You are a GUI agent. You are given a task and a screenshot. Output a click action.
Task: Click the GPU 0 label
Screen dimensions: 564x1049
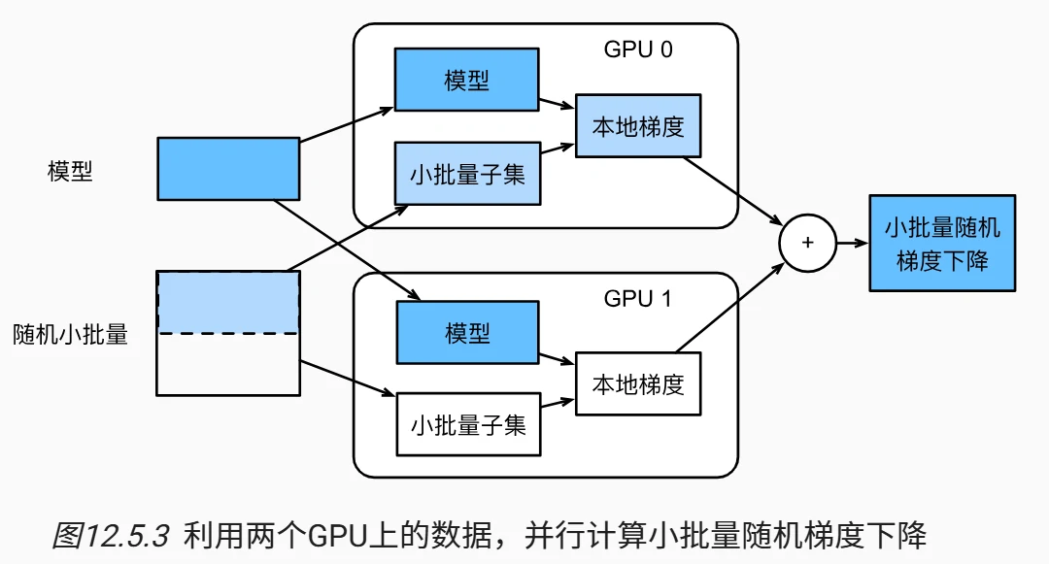pos(637,50)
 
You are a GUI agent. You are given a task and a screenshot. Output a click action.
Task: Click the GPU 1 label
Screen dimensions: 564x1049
pos(637,298)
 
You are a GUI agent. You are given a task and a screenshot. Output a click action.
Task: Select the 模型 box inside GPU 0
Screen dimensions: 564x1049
pos(467,80)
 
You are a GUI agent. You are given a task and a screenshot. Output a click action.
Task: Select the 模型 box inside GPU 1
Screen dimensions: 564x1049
pos(467,332)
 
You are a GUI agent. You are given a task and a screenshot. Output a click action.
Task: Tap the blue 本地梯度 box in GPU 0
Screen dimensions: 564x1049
pos(638,126)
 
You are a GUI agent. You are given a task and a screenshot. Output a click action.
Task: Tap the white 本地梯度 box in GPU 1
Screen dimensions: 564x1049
pos(638,383)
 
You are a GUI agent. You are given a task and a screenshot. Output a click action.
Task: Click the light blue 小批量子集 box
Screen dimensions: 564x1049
pos(467,174)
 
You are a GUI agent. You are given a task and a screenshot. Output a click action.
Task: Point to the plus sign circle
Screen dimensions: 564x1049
pos(808,243)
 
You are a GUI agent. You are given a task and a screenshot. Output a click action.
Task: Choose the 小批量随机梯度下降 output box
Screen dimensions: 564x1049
pos(942,244)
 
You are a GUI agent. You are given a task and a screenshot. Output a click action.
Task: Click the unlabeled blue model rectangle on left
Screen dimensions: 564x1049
pos(228,169)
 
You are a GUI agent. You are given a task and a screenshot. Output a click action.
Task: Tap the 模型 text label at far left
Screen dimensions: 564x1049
pos(70,171)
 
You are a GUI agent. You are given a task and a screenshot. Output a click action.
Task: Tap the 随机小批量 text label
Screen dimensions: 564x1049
pos(70,335)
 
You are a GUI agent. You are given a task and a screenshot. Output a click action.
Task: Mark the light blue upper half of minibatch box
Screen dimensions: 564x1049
pos(228,302)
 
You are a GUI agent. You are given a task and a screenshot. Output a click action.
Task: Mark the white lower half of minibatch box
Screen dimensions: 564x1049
pos(228,365)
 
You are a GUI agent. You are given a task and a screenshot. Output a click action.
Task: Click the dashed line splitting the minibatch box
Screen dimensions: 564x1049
pos(228,333)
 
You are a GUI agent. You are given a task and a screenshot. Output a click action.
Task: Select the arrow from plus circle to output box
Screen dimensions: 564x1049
pos(852,244)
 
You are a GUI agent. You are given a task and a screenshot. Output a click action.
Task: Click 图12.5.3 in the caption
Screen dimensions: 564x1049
pos(111,535)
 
